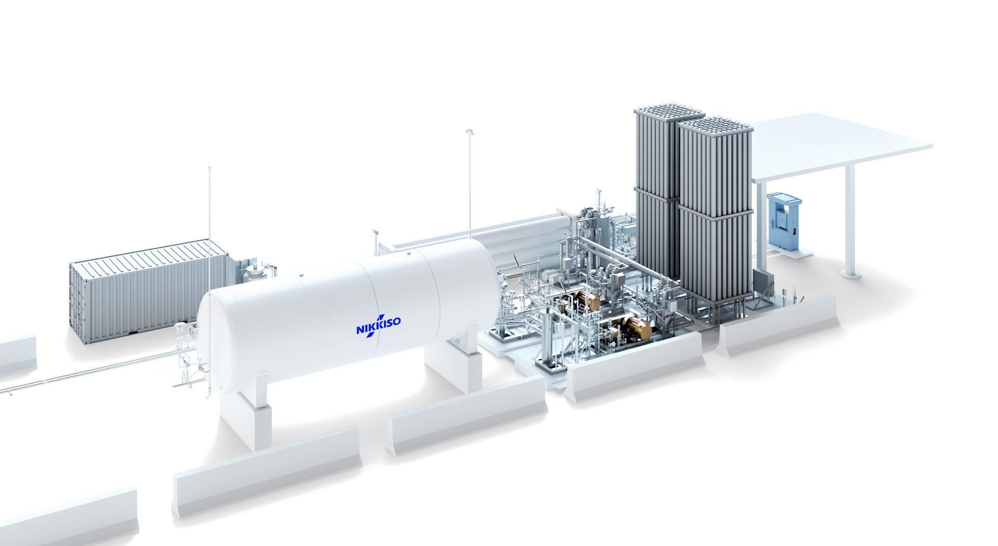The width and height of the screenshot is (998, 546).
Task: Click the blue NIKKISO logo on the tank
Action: click(378, 325)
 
